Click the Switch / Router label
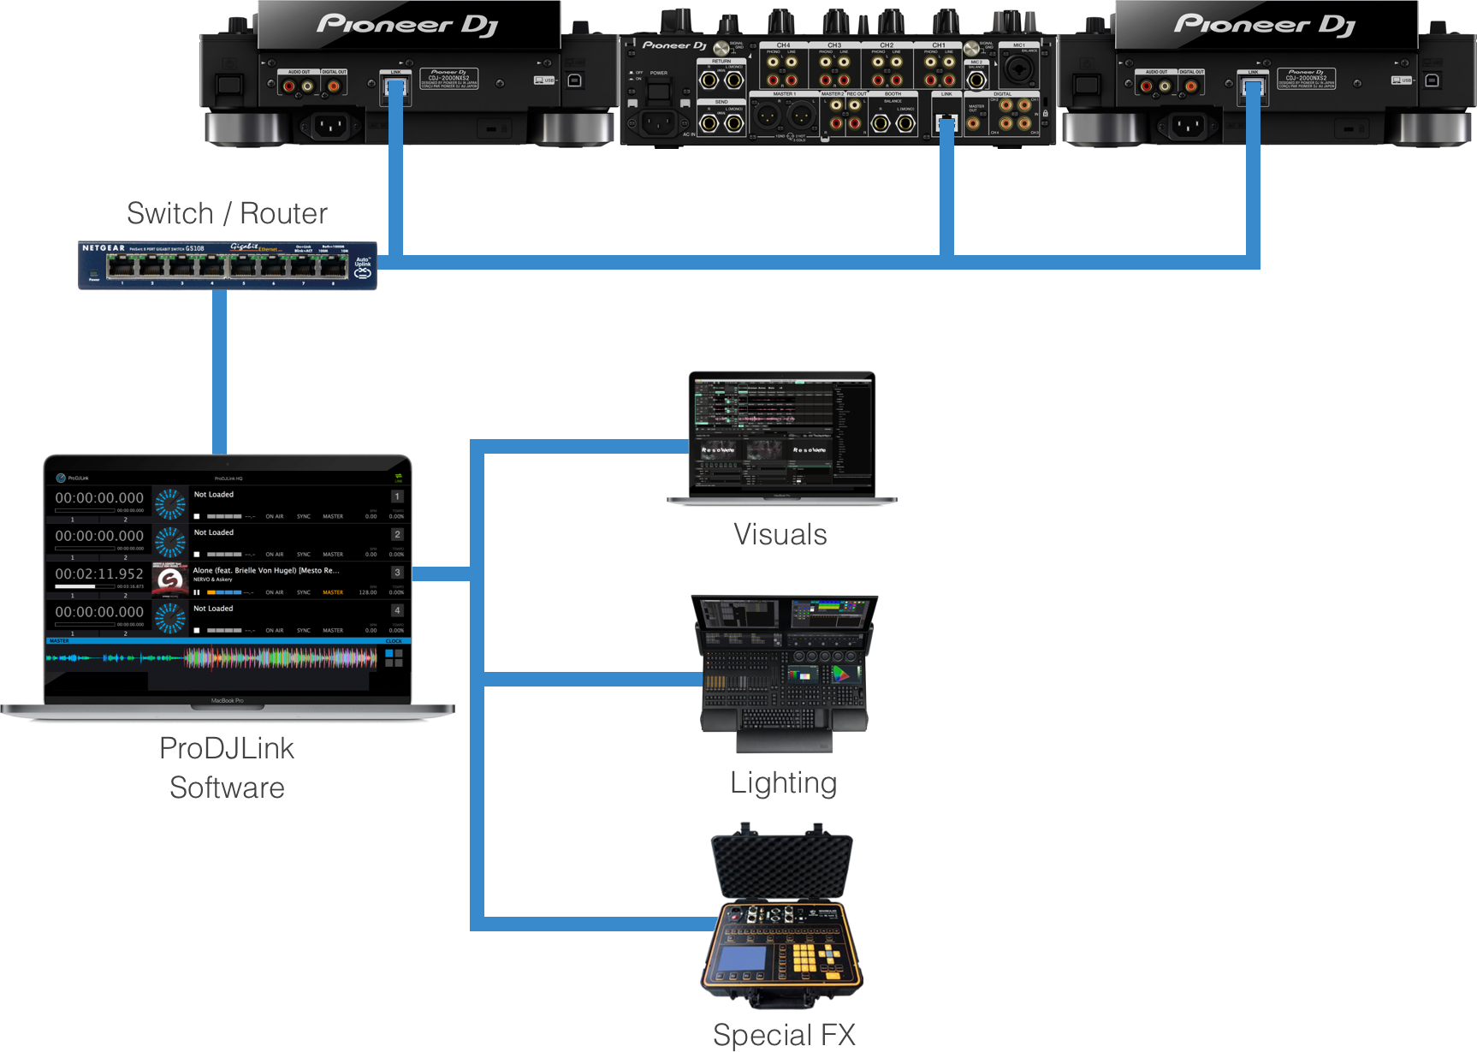coord(227,213)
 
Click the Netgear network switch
coord(227,265)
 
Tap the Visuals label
coord(780,534)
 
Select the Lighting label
coord(783,782)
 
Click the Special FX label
coord(784,1034)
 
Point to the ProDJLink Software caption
coord(227,768)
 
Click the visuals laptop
coord(782,437)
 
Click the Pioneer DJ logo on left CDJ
coord(407,25)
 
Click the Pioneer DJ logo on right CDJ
coord(1265,25)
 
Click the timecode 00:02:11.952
coord(99,574)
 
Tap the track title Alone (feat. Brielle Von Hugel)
coord(266,570)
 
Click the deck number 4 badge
coord(397,610)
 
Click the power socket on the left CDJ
coord(330,127)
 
